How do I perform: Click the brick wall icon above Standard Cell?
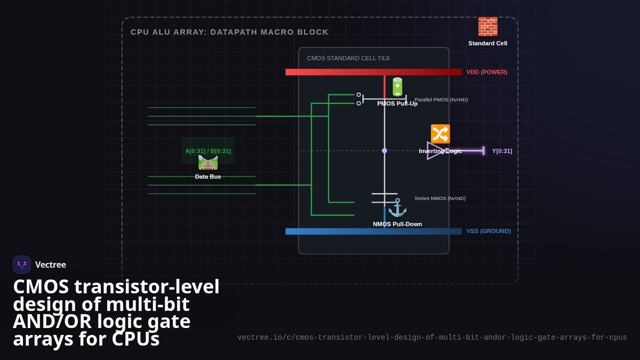(487, 27)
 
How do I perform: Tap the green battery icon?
(397, 86)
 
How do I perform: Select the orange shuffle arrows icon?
(441, 134)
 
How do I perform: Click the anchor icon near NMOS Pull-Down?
(397, 207)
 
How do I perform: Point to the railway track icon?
(208, 163)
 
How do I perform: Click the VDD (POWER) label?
(487, 73)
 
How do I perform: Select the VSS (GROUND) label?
(489, 231)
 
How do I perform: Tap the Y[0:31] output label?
(502, 151)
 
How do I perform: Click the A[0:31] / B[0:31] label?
(208, 151)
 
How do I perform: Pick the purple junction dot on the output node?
(385, 150)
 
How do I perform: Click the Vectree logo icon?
(22, 265)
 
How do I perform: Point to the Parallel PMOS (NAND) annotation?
(441, 100)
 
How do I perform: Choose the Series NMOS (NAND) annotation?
(440, 198)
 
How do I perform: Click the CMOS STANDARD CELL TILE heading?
(349, 58)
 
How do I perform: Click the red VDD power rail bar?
(374, 72)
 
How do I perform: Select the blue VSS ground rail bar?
(374, 231)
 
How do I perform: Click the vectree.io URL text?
(432, 338)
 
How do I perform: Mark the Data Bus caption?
(208, 177)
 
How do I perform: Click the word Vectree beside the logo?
(51, 265)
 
